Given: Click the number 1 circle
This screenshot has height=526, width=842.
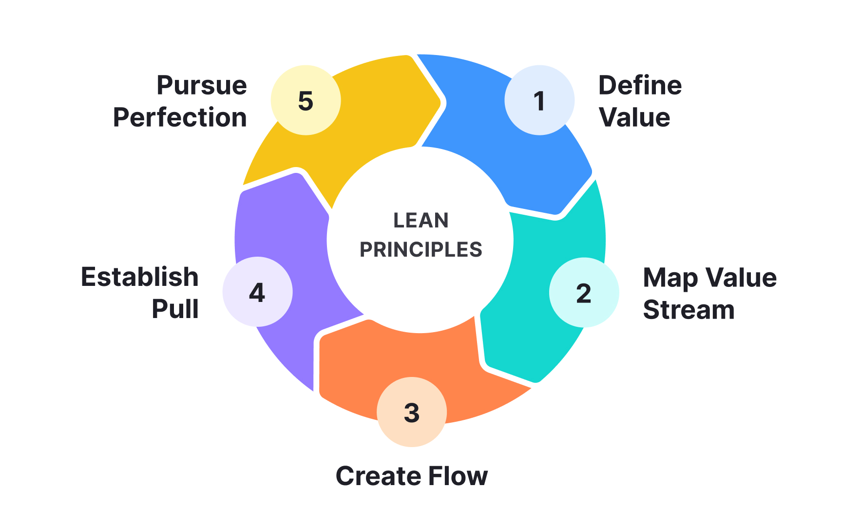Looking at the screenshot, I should pyautogui.click(x=539, y=100).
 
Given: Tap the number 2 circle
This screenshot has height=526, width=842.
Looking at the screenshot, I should pyautogui.click(x=584, y=292).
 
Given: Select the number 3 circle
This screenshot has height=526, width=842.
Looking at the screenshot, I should pyautogui.click(x=412, y=412).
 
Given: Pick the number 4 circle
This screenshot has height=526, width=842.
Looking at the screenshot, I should pyautogui.click(x=257, y=292).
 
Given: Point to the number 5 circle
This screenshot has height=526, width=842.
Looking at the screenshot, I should pyautogui.click(x=306, y=100).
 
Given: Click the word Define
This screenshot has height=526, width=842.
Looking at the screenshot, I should pyautogui.click(x=640, y=86).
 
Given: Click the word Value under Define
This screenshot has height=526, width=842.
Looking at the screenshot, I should pyautogui.click(x=634, y=117).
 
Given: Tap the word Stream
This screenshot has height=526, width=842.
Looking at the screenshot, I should pyautogui.click(x=689, y=310).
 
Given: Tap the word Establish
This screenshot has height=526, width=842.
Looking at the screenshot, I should pyautogui.click(x=140, y=277).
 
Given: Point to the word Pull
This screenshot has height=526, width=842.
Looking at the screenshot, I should pyautogui.click(x=175, y=309).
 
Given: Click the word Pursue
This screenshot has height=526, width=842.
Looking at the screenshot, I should pyautogui.click(x=201, y=86).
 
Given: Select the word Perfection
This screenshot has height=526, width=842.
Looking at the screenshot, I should pyautogui.click(x=180, y=117).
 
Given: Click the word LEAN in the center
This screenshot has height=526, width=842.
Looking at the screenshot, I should pyautogui.click(x=421, y=221).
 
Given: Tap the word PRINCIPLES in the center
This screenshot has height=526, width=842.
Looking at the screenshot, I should pyautogui.click(x=421, y=250).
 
